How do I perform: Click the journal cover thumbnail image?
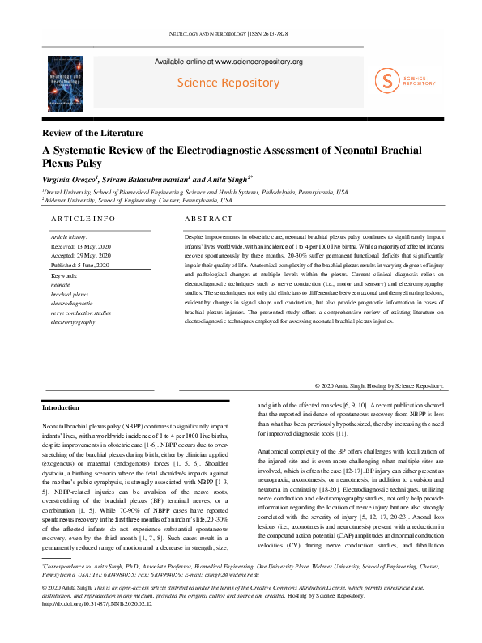point(71,83)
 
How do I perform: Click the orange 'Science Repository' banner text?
point(228,83)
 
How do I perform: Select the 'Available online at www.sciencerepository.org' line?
point(228,62)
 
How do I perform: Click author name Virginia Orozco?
point(73,177)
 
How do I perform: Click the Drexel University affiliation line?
point(194,192)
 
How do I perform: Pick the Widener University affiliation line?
point(137,200)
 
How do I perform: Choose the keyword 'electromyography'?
point(72,321)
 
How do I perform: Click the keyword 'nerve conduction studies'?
point(80,312)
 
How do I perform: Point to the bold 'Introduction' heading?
point(61,407)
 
